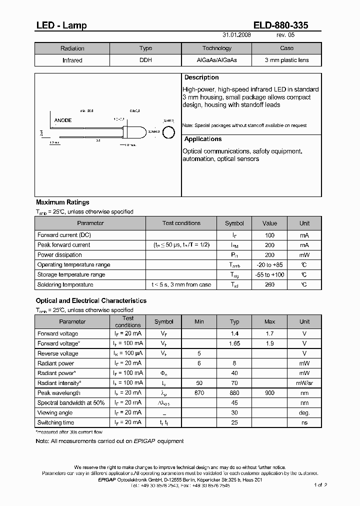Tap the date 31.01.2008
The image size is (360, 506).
pos(236,36)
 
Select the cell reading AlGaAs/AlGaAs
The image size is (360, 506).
pos(217,60)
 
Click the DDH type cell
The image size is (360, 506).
pos(145,60)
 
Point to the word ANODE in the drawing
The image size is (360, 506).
pos(63,120)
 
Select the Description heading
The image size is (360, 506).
pos(201,77)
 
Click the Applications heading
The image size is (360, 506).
pos(203,139)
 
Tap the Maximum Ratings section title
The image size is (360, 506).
pos(62,202)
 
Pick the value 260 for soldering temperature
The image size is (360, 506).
pos(269,284)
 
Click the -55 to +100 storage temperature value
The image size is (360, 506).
pos(269,274)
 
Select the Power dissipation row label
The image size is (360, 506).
pos(59,254)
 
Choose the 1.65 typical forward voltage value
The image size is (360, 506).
pos(234,343)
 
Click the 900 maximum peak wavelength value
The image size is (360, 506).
pos(269,393)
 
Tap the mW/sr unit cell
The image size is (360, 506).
pos(304,383)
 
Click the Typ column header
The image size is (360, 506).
pos(234,321)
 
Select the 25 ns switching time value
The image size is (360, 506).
pos(234,422)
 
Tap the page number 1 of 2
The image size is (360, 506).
pos(320,485)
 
